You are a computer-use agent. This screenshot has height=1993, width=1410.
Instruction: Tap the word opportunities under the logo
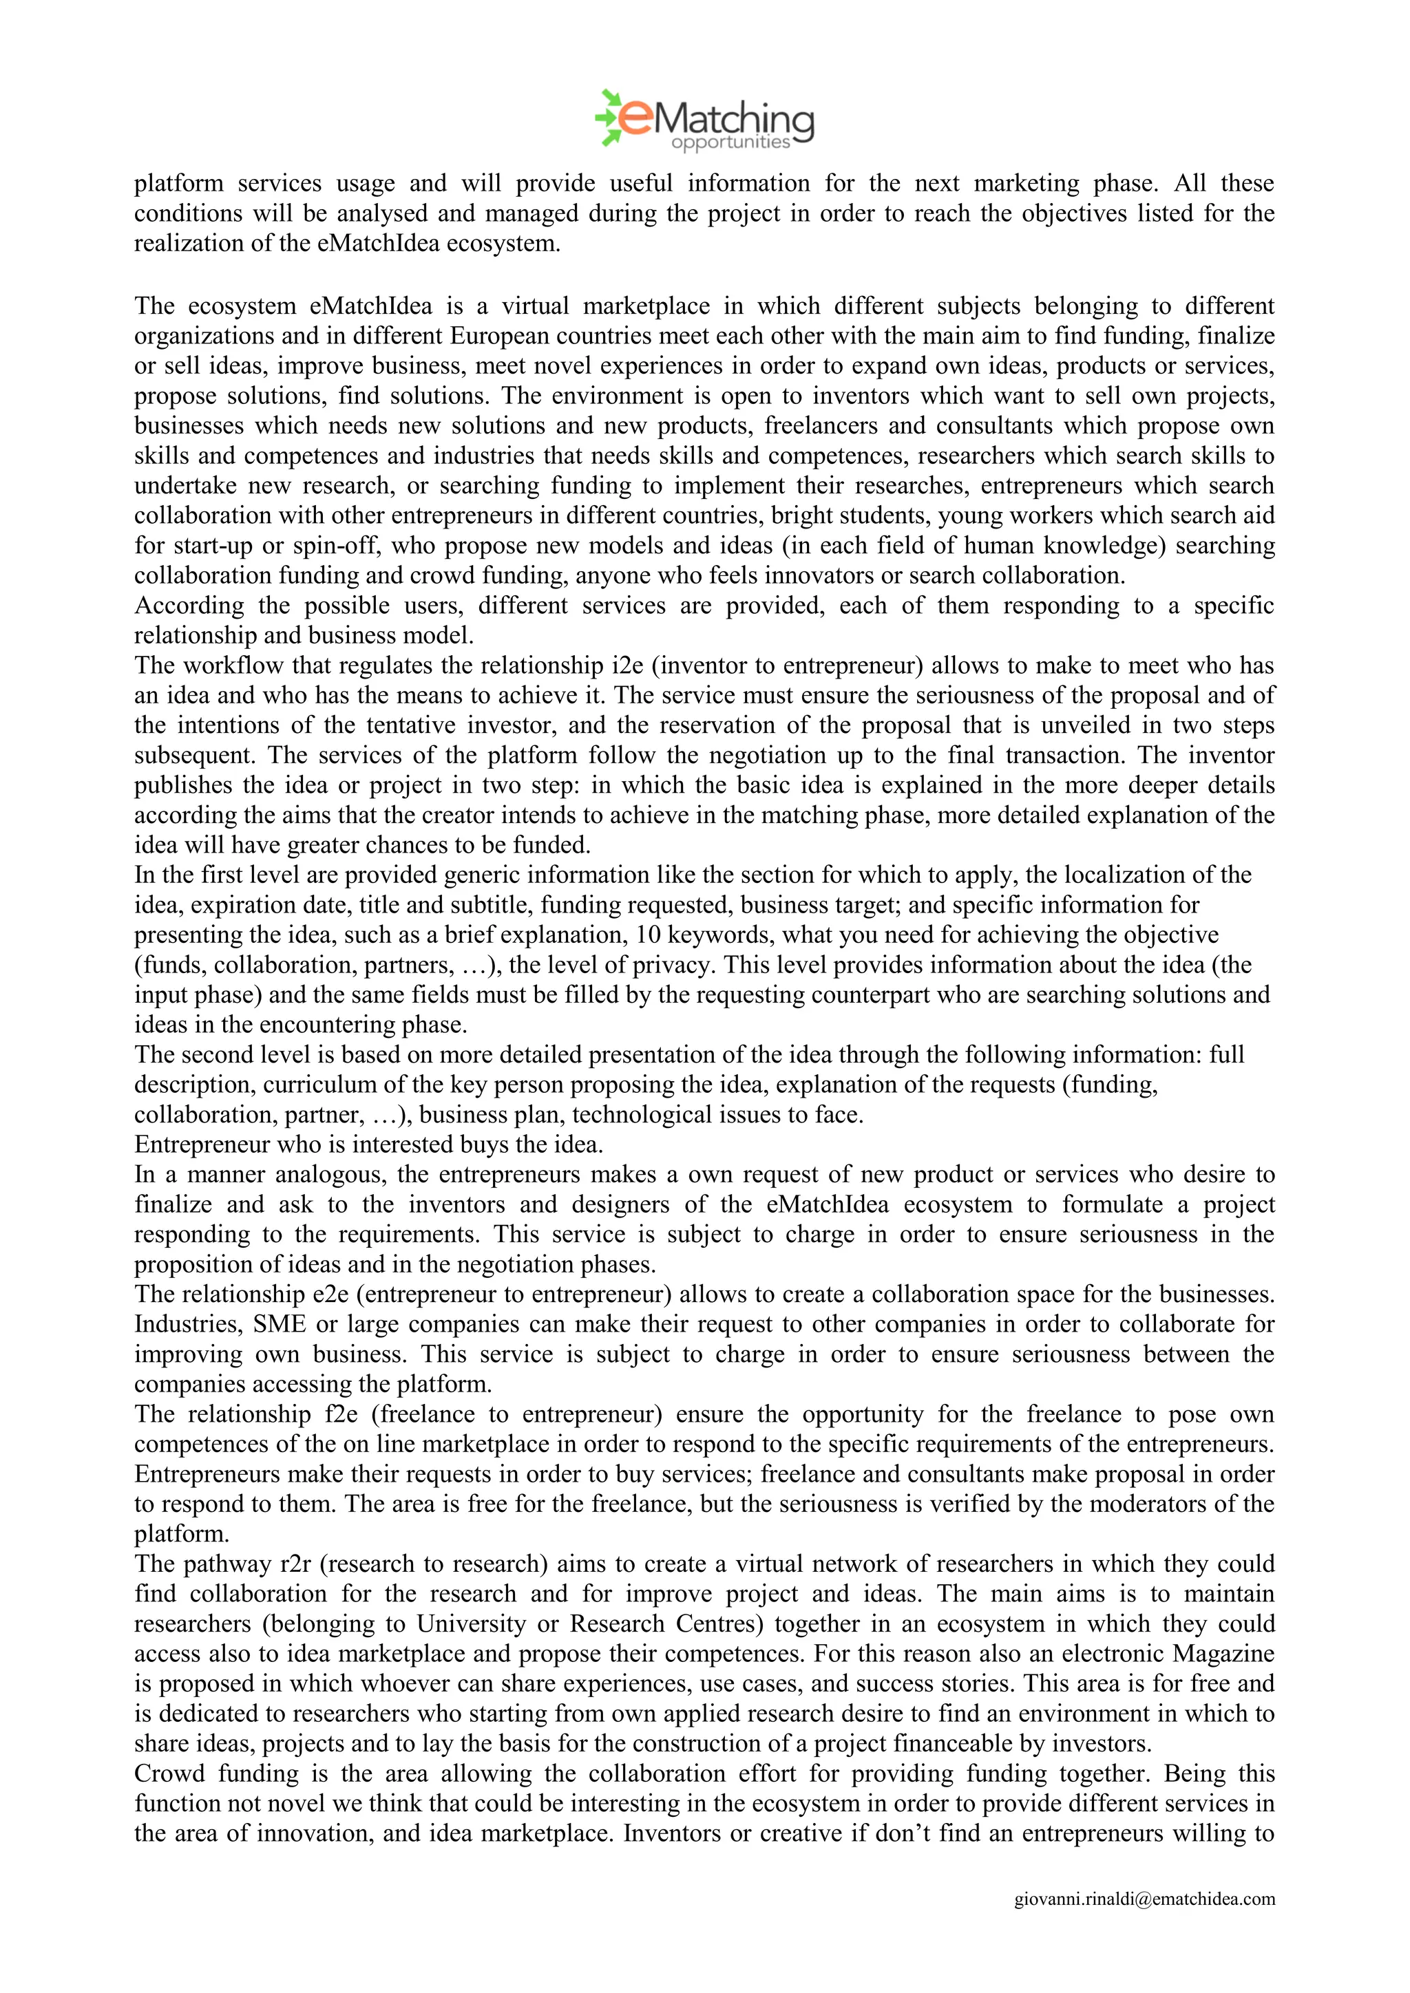click(x=730, y=142)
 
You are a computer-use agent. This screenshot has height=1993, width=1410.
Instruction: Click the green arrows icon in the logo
click(x=609, y=116)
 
